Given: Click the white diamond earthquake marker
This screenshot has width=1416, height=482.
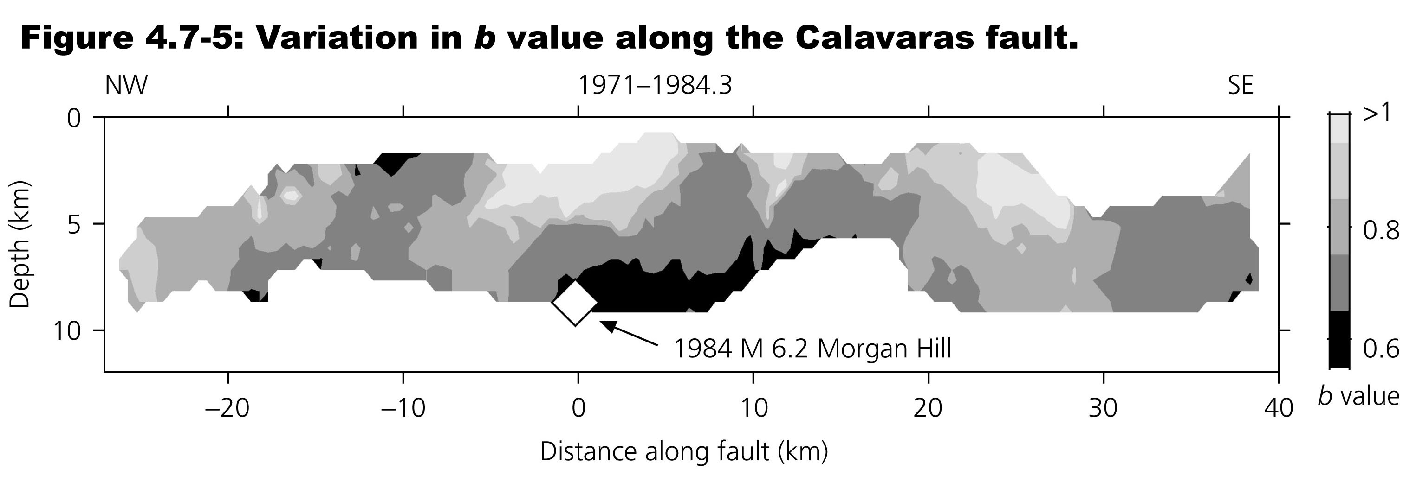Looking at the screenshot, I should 575,303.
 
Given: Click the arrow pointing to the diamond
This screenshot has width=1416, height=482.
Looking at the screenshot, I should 628,334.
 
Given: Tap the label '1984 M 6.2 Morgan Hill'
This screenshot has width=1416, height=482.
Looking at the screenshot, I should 812,349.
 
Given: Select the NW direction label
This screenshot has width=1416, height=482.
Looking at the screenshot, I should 126,86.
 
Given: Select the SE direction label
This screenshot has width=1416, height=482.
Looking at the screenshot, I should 1240,86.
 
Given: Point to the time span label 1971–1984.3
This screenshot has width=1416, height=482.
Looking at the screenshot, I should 655,86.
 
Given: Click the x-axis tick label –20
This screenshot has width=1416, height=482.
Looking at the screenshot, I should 227,408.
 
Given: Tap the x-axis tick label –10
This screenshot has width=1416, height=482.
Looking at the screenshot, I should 403,408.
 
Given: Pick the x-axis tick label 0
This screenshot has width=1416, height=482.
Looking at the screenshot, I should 578,408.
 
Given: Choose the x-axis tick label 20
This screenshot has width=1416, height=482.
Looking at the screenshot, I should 929,408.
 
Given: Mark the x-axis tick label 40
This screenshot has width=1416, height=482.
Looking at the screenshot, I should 1279,408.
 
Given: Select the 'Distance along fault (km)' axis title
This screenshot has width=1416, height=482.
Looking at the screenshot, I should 683,451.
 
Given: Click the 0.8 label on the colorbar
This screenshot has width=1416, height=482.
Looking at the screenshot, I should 1381,230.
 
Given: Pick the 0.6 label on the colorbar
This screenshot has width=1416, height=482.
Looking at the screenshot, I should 1381,349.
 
